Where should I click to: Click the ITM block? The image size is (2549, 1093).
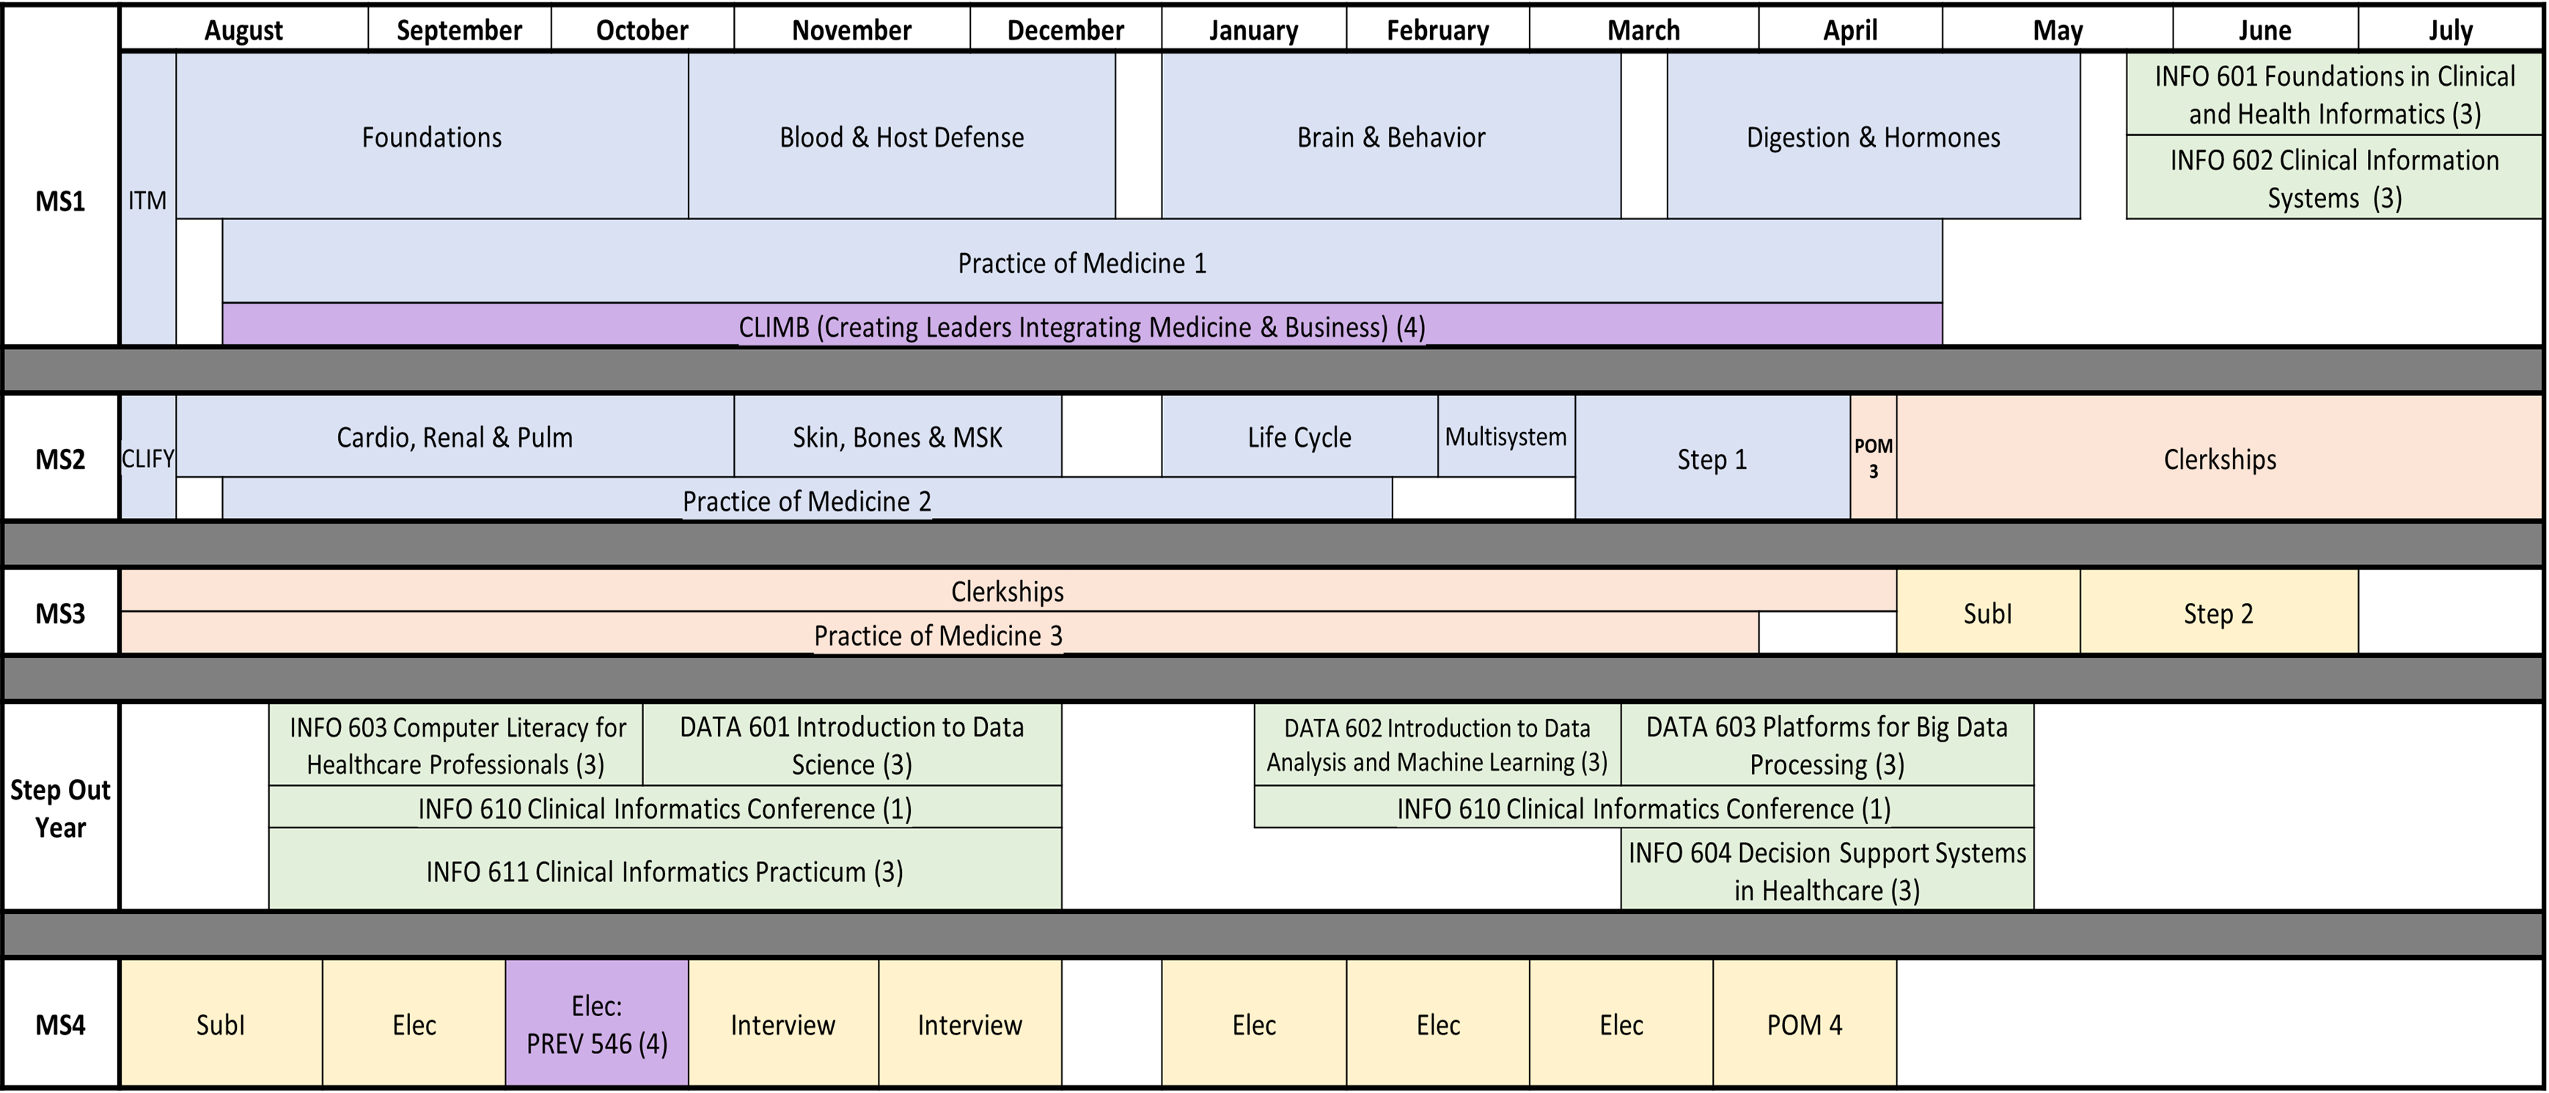point(148,200)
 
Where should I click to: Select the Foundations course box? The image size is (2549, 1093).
point(431,136)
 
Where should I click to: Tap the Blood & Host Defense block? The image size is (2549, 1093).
point(901,136)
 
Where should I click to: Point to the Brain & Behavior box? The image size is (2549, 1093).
point(1390,136)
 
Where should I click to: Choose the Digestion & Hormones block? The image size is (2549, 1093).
point(1873,136)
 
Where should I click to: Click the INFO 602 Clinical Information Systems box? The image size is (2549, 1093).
point(2333,178)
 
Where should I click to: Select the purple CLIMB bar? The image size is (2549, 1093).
point(1082,326)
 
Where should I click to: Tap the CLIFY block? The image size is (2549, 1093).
point(148,458)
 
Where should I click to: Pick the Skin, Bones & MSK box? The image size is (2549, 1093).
point(898,436)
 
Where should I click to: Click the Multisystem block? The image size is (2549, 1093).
point(1505,436)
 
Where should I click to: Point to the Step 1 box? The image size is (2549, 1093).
point(1712,458)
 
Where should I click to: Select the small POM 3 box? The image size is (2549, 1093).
point(1873,458)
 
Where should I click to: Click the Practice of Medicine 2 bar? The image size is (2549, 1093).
point(807,500)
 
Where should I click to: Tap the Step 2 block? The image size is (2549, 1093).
point(2218,613)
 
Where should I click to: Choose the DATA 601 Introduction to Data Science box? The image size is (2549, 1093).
point(851,745)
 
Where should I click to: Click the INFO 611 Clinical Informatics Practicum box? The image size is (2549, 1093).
point(664,870)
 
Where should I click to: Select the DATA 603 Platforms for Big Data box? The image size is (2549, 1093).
point(1827,745)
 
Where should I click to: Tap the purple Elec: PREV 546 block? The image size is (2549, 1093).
point(597,1024)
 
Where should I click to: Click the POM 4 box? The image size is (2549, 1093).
point(1804,1024)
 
